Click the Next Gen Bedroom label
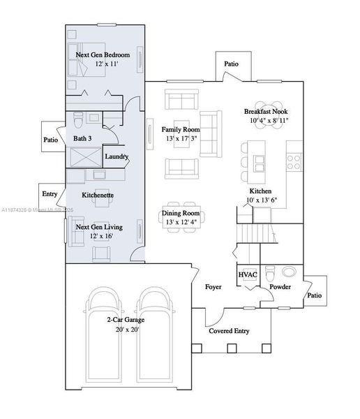coord(103,54)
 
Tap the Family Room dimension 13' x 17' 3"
coord(181,139)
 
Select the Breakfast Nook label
coord(266,112)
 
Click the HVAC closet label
coord(248,274)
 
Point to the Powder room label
coord(280,287)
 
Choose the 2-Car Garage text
coord(126,319)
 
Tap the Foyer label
coord(213,287)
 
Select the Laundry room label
coord(117,156)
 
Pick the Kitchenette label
coord(99,195)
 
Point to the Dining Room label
coord(181,213)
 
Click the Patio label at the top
coord(232,64)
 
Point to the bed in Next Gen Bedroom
coord(79,65)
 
